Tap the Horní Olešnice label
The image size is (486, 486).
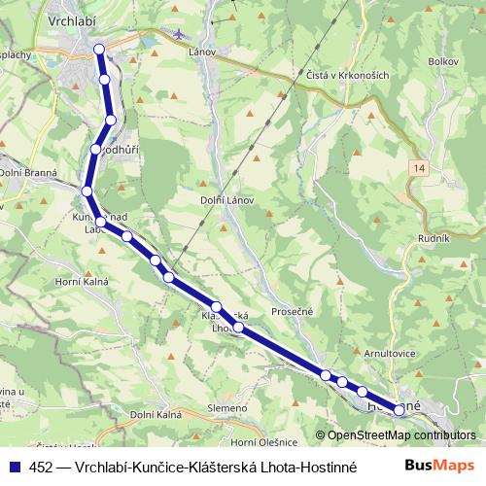[x=256, y=442]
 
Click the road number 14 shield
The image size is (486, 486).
[x=418, y=169]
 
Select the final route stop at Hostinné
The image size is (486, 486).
[x=399, y=410]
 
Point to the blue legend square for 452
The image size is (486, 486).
[x=14, y=467]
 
